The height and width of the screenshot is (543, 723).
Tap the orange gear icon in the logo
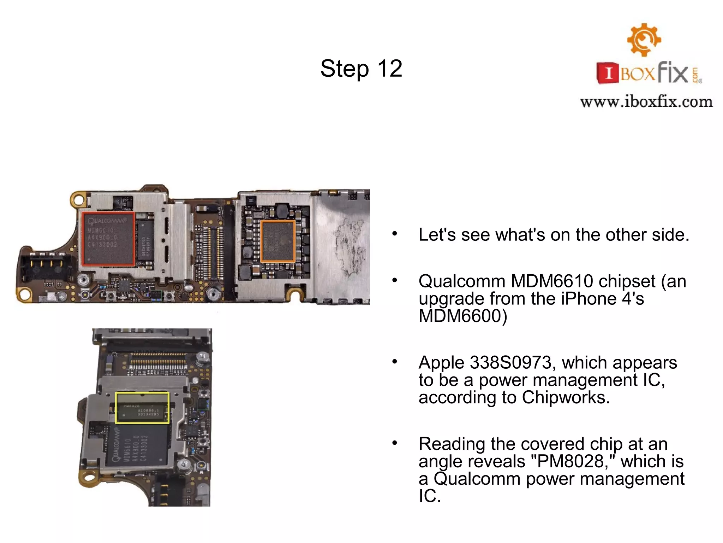tap(644, 40)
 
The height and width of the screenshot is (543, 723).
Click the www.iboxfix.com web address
tap(646, 102)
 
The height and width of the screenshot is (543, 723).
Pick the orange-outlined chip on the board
tap(278, 241)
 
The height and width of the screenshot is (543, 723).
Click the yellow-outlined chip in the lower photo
tap(142, 408)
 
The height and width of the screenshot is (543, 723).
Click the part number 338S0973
tap(511, 363)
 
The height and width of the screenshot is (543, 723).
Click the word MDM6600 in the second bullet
tap(462, 316)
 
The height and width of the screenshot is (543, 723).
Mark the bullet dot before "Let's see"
tap(395, 234)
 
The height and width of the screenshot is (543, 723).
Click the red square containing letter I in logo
tap(608, 73)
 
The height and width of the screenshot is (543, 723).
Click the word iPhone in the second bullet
tap(589, 299)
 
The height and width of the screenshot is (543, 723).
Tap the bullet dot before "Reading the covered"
tap(395, 443)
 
